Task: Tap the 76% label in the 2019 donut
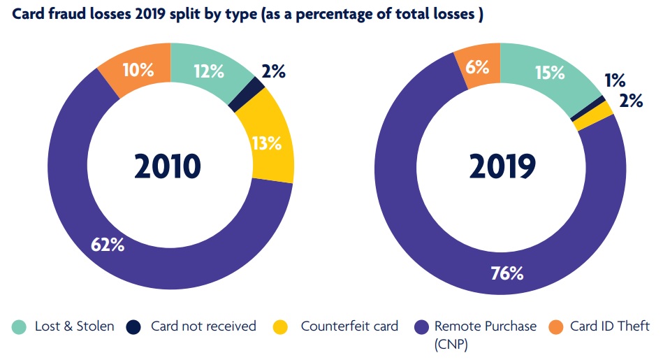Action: pyautogui.click(x=506, y=273)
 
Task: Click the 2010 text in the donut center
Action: pyautogui.click(x=167, y=166)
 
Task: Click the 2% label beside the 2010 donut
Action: pyautogui.click(x=273, y=71)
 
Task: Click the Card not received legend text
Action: pyautogui.click(x=203, y=326)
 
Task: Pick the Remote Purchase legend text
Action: pyautogui.click(x=486, y=326)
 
